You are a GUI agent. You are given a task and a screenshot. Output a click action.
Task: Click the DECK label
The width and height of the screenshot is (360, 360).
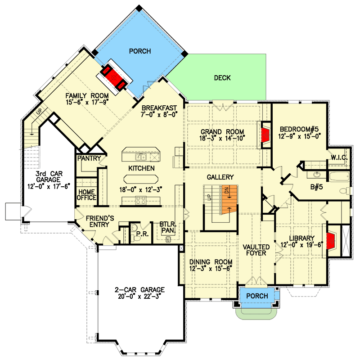(x=222, y=78)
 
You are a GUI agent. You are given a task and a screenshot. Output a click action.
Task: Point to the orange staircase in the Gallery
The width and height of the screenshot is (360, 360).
(x=229, y=200)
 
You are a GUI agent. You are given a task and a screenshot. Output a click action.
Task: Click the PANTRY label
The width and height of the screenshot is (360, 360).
(x=88, y=159)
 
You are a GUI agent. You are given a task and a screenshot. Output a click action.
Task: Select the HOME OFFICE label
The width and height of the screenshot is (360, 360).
(x=86, y=194)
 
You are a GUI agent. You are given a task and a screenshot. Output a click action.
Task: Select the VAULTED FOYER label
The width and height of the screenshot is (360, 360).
(x=256, y=250)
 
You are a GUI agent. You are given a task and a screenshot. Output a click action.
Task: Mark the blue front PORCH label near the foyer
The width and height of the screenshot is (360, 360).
(x=257, y=296)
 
